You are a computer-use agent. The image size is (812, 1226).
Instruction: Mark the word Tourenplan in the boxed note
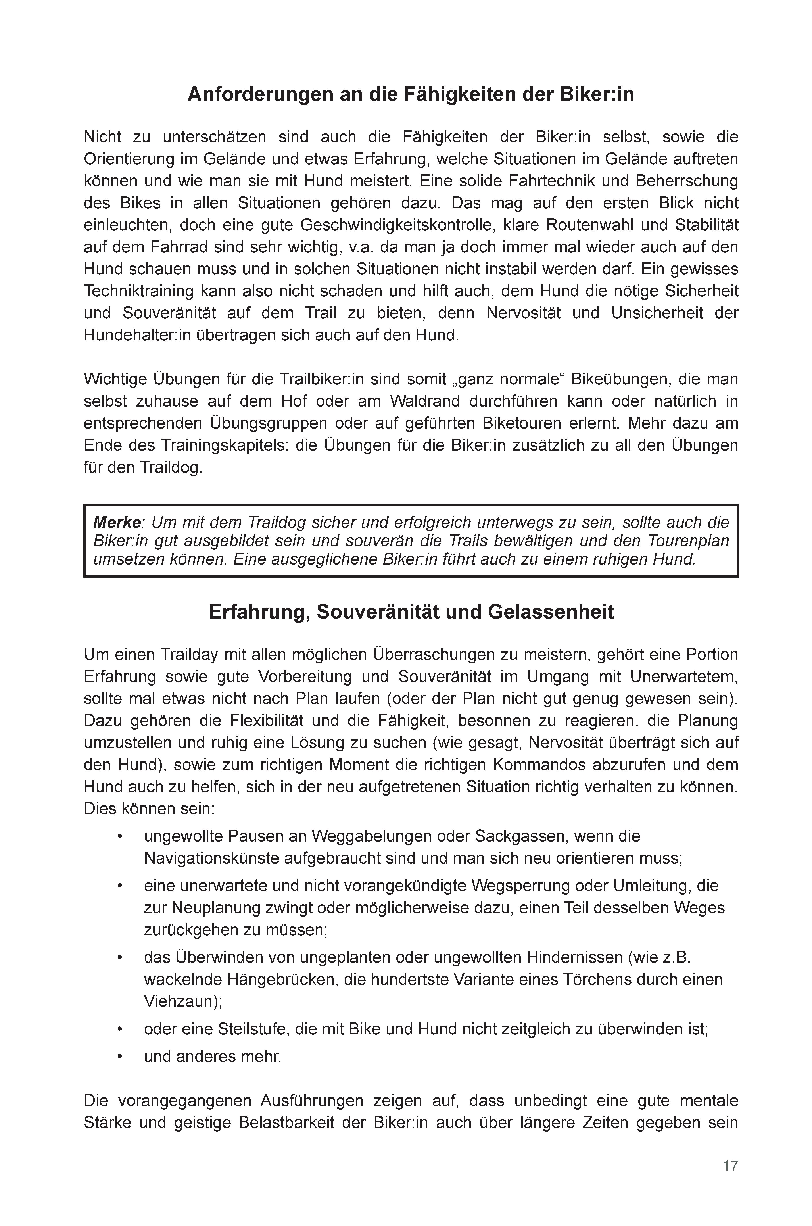689,541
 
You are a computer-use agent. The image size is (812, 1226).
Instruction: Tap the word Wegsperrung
522,886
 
